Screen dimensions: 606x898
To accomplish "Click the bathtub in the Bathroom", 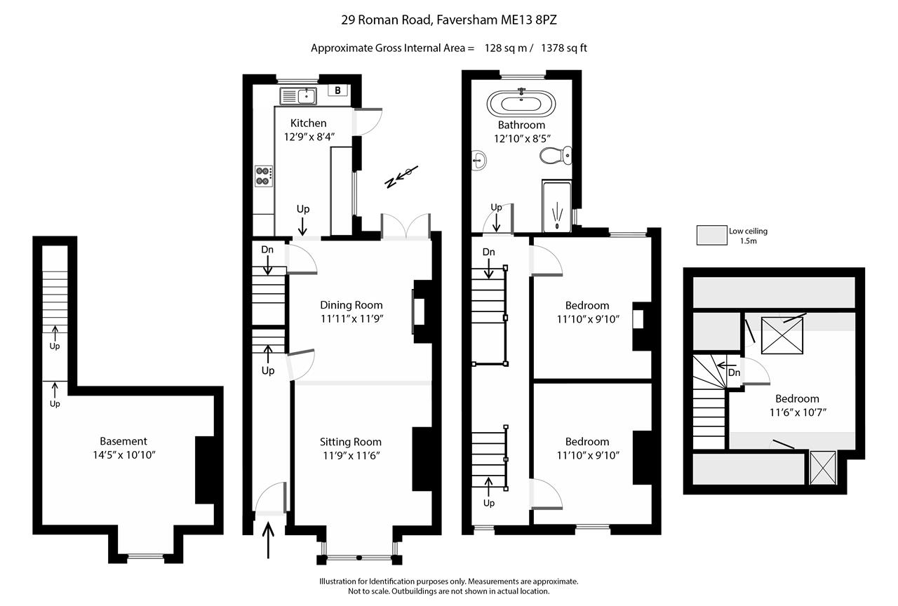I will (521, 105).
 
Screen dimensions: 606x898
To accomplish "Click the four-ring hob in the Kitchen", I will (264, 175).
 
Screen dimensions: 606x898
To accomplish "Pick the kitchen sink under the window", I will (298, 96).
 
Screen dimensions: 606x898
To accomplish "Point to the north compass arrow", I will (402, 176).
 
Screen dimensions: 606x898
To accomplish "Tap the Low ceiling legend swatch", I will (711, 236).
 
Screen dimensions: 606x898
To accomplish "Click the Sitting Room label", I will (351, 442).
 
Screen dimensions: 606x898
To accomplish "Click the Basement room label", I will (123, 441).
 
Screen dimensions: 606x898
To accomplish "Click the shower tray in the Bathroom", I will (558, 208).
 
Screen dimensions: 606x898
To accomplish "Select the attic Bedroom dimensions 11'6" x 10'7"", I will (797, 412).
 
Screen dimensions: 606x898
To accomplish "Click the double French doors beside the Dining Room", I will (406, 227).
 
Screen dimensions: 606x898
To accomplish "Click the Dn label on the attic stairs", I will (734, 372).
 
